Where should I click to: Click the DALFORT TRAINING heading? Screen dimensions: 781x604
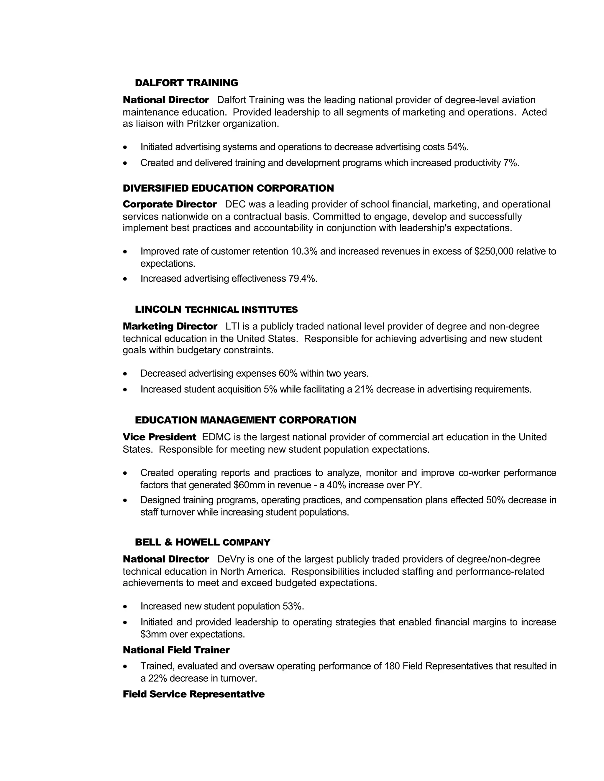click(x=186, y=83)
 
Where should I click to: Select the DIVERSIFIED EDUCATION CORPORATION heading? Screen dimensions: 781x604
click(x=228, y=188)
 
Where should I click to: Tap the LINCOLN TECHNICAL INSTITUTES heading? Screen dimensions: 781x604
click(x=216, y=309)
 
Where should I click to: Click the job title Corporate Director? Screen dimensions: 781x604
click(x=170, y=204)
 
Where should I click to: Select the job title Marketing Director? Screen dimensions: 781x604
click(x=170, y=326)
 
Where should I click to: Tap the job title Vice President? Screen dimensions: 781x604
click(x=159, y=437)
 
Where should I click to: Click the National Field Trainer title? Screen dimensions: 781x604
click(x=176, y=650)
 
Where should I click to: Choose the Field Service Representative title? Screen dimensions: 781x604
click(x=193, y=694)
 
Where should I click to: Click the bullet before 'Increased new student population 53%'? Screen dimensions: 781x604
click(x=125, y=607)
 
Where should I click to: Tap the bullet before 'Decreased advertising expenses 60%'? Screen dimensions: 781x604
click(x=125, y=374)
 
